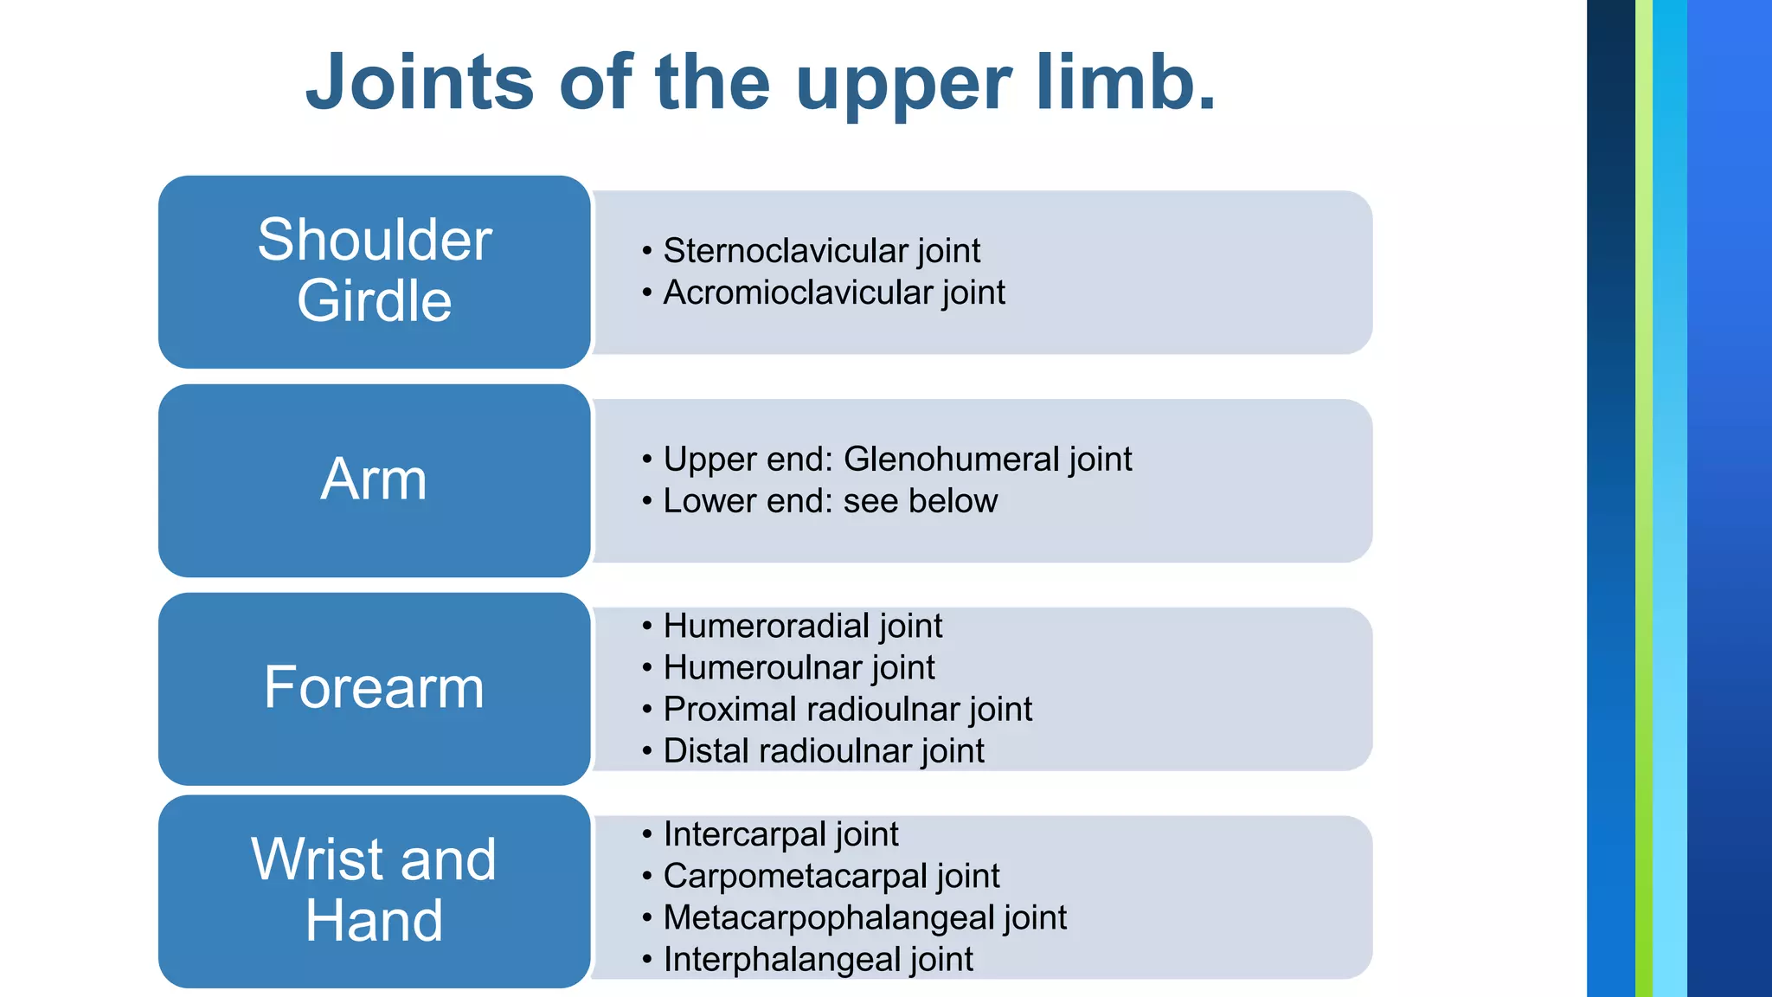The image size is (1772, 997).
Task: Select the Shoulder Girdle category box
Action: point(375,271)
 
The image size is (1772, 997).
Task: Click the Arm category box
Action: point(375,479)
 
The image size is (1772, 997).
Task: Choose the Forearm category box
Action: point(375,688)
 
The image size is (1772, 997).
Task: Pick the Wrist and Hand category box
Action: point(375,891)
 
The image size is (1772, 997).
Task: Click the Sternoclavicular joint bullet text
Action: point(821,251)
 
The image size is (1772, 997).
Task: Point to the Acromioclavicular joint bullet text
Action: point(834,293)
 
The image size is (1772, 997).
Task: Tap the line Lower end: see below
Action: point(830,501)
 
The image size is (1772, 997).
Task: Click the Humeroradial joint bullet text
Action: point(802,626)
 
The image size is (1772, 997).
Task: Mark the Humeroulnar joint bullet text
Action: point(799,667)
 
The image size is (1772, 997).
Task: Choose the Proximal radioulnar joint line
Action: point(847,710)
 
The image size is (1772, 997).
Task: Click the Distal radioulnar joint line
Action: point(823,751)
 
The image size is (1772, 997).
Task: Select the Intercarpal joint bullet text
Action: point(780,834)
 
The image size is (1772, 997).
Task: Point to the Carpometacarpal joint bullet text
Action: point(831,876)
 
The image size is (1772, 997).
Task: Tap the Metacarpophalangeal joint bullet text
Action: point(864,917)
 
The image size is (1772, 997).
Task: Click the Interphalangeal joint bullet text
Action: point(818,959)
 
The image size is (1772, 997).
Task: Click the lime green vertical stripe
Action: point(1643,498)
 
